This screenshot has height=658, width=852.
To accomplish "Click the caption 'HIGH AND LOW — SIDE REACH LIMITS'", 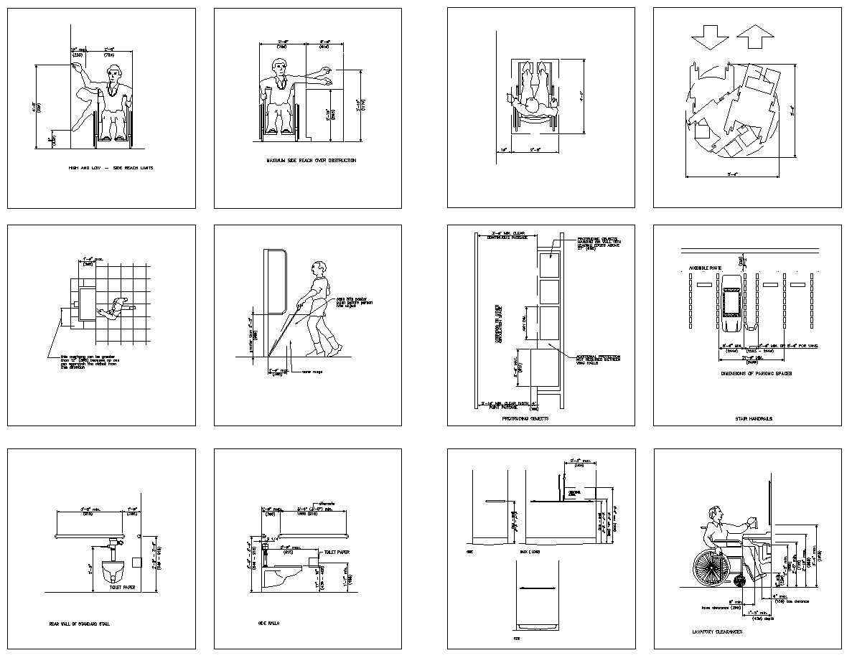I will coord(111,168).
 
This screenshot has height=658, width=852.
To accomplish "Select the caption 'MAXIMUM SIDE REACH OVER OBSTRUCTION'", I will coord(311,161).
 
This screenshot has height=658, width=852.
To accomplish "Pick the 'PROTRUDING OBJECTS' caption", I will coord(525,418).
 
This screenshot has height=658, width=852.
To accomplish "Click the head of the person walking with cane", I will coord(321,270).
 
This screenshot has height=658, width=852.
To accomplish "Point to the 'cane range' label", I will coord(311,372).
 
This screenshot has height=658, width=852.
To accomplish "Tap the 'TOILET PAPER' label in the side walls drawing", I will coord(337,553).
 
